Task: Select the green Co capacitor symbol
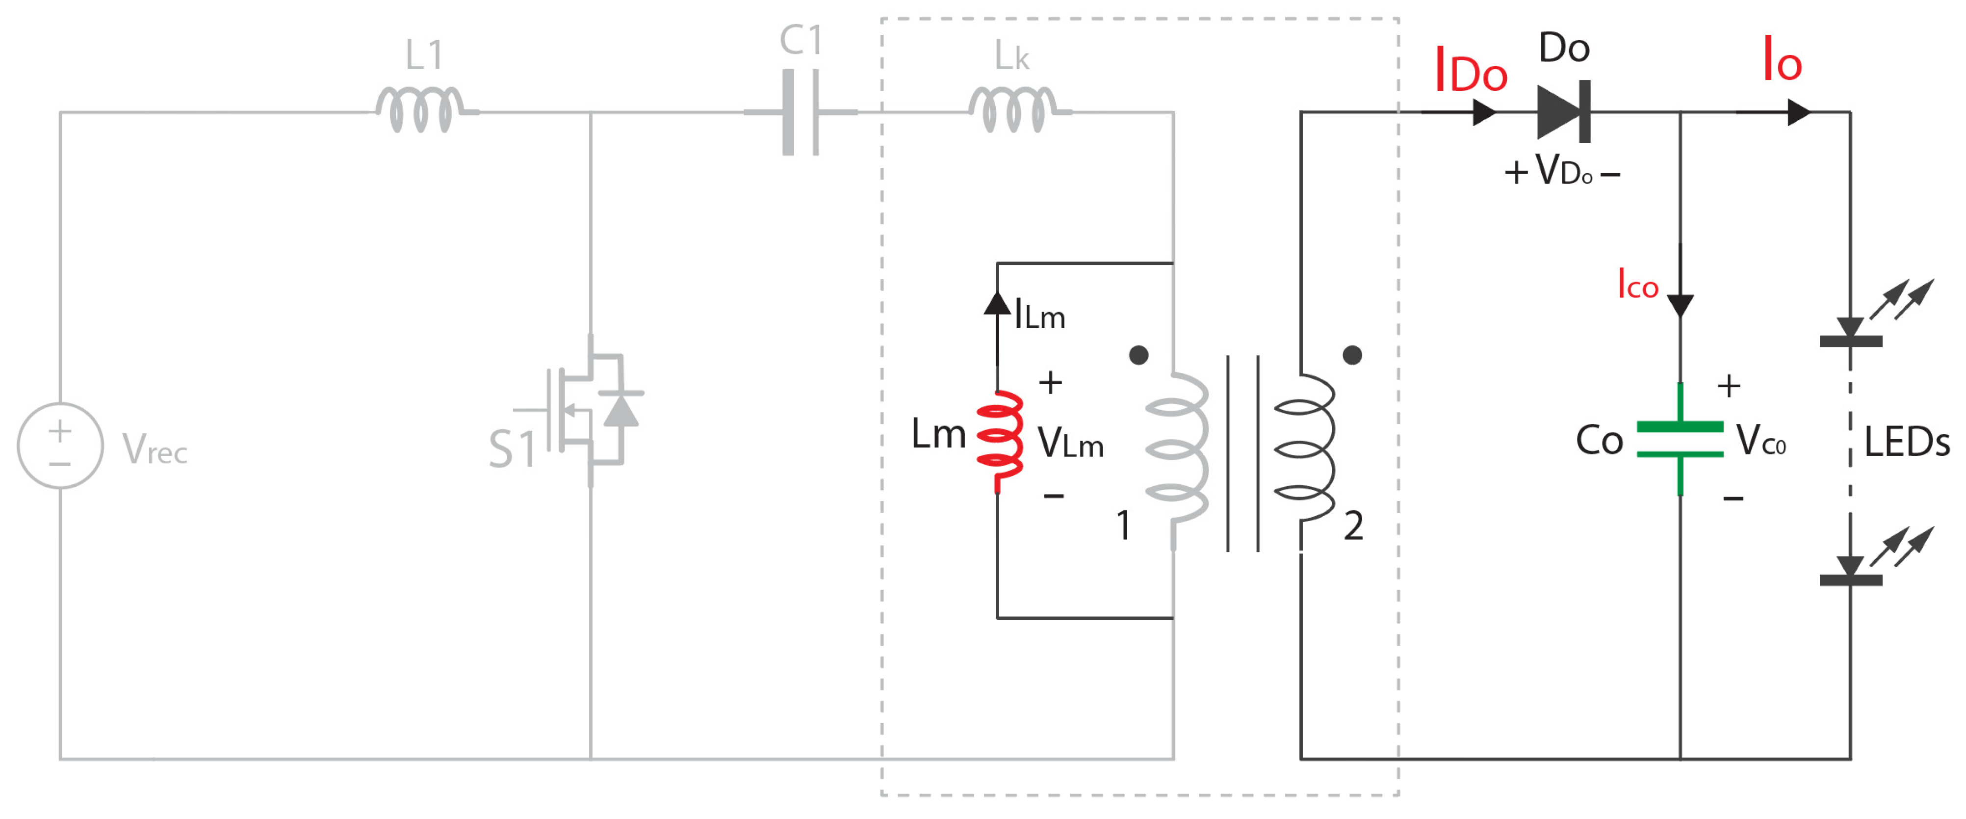pos(1680,440)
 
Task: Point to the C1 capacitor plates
pos(801,112)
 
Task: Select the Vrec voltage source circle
pos(60,446)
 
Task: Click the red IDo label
pos(1470,70)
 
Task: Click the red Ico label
pos(1637,284)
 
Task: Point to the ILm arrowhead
pos(997,304)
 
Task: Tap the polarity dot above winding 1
pos(1138,355)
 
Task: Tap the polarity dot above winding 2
pos(1352,355)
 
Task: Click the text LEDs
pos(1906,442)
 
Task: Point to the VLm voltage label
pos(1070,442)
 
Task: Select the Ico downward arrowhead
pos(1680,305)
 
